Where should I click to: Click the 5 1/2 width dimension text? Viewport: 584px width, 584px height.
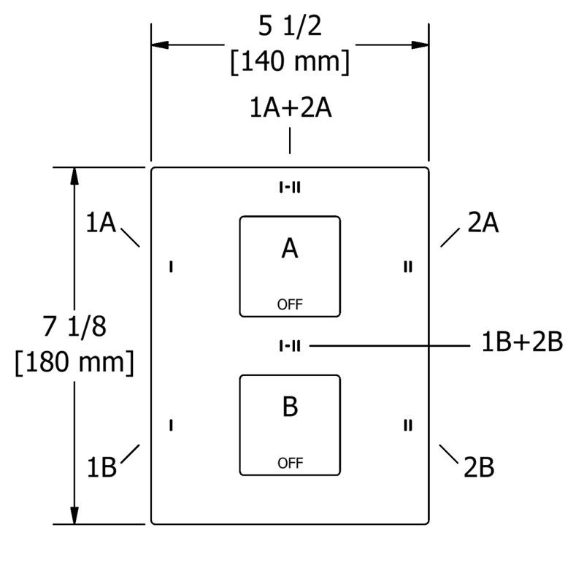(x=290, y=26)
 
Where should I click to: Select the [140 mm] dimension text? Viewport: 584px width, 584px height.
(x=290, y=62)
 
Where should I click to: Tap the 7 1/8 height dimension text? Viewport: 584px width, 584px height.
(x=74, y=326)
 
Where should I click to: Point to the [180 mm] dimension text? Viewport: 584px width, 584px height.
(x=74, y=362)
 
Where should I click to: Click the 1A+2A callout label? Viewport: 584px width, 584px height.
(x=291, y=107)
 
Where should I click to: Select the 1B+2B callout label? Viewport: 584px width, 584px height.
(x=522, y=342)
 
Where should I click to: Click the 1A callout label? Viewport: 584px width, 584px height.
(x=101, y=223)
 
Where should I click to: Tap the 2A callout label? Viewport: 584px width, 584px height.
(x=483, y=223)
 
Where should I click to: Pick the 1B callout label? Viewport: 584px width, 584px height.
(x=101, y=467)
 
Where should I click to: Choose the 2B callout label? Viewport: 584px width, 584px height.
(x=479, y=467)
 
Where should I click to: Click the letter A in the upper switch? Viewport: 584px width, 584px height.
(x=290, y=248)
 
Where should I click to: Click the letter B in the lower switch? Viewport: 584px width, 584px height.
(x=290, y=407)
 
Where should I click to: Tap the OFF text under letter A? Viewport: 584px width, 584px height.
(x=290, y=304)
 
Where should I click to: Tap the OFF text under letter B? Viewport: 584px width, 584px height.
(x=290, y=464)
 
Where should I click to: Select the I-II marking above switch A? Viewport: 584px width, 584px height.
(x=290, y=188)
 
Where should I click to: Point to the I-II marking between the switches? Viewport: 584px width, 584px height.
(x=290, y=346)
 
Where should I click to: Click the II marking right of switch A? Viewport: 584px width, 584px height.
(x=408, y=266)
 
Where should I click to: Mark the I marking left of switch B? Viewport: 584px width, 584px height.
(x=171, y=426)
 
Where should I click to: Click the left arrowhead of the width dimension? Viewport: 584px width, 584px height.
(x=160, y=45)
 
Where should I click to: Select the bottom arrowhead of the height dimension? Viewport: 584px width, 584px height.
(x=74, y=515)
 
